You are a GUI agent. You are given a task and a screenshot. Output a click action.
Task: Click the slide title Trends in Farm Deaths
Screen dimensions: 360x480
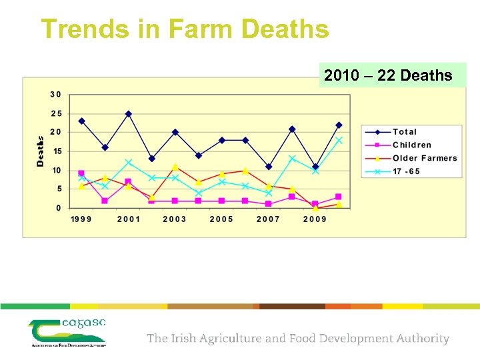coord(185,29)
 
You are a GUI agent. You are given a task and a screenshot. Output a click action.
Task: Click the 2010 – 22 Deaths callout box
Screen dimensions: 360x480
coord(388,76)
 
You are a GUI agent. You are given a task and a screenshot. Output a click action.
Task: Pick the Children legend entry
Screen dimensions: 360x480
coord(412,145)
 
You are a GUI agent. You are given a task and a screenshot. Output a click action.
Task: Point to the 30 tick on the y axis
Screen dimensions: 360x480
coord(56,94)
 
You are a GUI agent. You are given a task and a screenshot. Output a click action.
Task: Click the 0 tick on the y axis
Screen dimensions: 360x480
coord(59,208)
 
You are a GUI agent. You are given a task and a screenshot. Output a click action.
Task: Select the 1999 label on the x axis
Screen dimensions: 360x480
coord(82,219)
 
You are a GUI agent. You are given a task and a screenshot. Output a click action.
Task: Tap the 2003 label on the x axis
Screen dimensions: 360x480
coord(175,219)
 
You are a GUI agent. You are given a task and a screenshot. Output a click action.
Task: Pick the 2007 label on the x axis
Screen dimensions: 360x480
coord(269,219)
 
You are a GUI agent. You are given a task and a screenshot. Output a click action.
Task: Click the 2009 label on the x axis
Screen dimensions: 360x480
coord(315,219)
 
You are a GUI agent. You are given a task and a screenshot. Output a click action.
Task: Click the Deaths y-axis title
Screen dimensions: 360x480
coord(40,151)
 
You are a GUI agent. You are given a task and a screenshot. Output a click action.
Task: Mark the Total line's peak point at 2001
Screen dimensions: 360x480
coord(129,114)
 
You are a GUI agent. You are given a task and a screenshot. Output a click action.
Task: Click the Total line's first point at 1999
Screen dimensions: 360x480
coord(82,121)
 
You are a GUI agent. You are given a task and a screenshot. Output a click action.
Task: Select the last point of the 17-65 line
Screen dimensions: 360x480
coord(339,140)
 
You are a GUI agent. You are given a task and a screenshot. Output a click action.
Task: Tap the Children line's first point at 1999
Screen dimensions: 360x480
coord(81,173)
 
